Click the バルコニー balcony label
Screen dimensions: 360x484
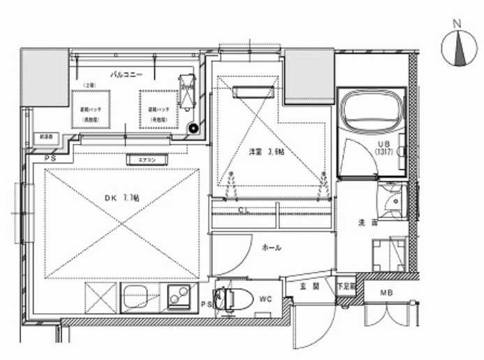click(126, 73)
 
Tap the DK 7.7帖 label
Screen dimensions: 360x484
click(122, 199)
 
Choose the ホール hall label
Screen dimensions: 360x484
click(272, 248)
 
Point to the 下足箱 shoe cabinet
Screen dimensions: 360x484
click(346, 286)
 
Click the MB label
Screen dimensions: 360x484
click(386, 292)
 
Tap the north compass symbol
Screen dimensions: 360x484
click(457, 47)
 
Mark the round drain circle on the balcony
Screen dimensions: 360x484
click(194, 128)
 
